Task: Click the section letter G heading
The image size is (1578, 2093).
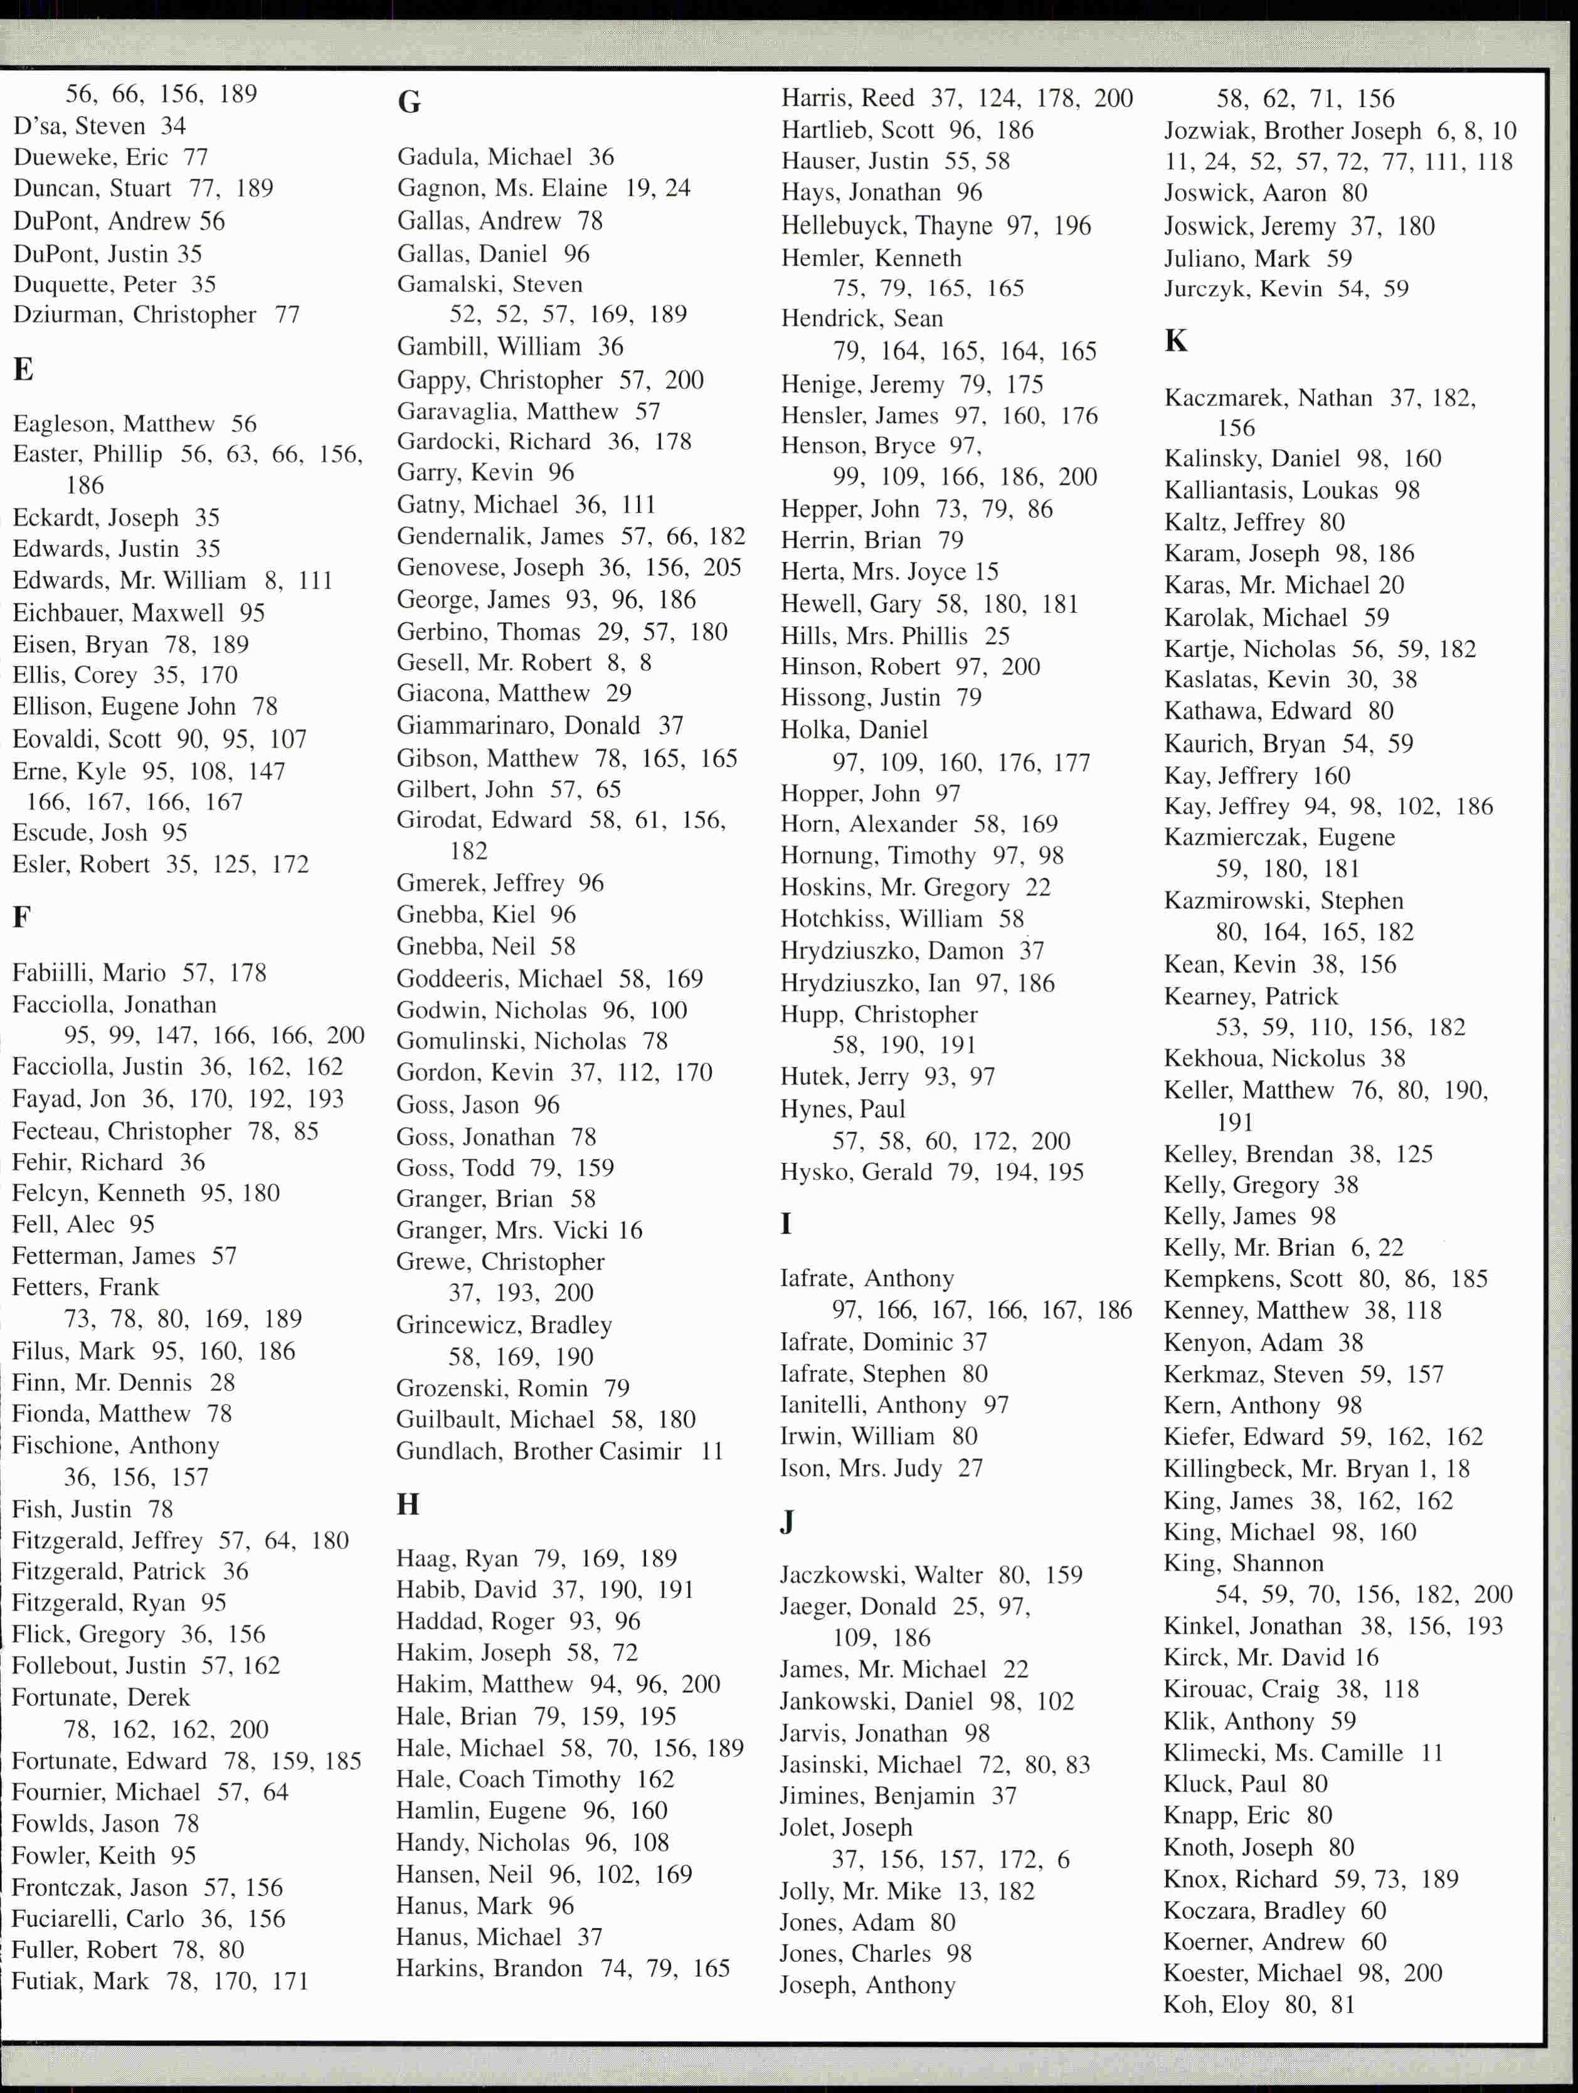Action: pos(409,101)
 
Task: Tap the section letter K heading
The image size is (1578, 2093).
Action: pos(1176,341)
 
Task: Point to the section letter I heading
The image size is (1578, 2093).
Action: pos(785,1224)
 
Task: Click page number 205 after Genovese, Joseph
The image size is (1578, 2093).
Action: pos(722,568)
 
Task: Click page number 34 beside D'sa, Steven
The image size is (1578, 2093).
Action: pos(173,126)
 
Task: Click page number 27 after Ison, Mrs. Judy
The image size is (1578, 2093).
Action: pos(971,1468)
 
